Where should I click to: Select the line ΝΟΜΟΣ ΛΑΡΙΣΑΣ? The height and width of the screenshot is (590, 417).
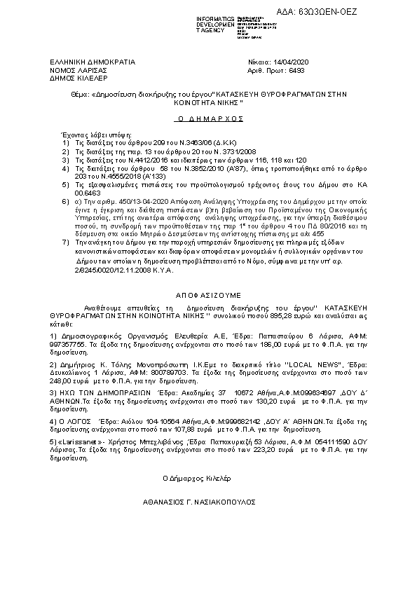(x=78, y=71)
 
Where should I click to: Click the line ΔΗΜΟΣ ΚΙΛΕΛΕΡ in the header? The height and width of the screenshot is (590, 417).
(x=76, y=79)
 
